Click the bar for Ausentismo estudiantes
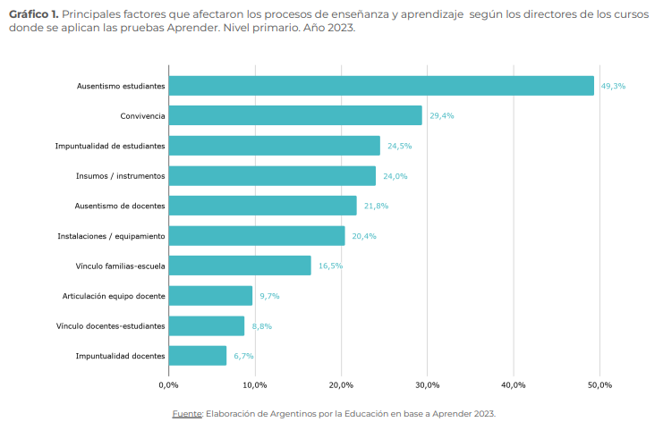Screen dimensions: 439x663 [x=381, y=86]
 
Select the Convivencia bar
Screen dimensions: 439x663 [x=295, y=115]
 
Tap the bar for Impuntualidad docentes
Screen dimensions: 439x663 [x=198, y=356]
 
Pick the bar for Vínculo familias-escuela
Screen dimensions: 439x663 [x=240, y=266]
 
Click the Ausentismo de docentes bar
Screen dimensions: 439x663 [x=262, y=206]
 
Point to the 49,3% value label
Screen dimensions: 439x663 [x=613, y=86]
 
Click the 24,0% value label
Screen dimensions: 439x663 [x=395, y=176]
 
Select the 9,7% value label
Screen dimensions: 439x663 [x=269, y=296]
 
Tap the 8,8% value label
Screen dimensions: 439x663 [x=261, y=326]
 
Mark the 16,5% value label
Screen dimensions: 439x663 [x=330, y=266]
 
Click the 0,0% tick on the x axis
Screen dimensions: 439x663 [x=168, y=384]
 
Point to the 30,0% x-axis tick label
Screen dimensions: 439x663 [x=427, y=384]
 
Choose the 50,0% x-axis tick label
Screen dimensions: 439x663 [x=599, y=384]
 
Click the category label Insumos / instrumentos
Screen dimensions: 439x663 [x=120, y=176]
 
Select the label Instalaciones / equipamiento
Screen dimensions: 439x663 [x=111, y=236]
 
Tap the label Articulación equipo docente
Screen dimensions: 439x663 [x=114, y=296]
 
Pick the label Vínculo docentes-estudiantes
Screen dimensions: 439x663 [x=110, y=326]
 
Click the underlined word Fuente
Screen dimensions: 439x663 [x=187, y=414]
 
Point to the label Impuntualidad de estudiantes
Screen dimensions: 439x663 [x=110, y=146]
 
